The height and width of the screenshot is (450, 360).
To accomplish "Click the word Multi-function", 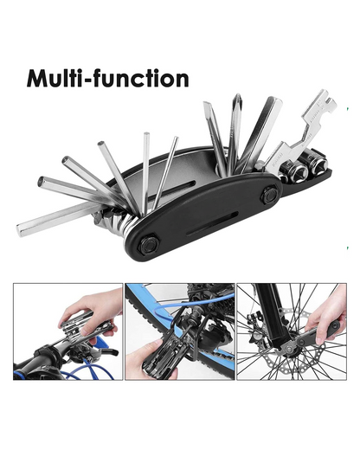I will pyautogui.click(x=107, y=79).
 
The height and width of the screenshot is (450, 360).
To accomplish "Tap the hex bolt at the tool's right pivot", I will pyautogui.click(x=269, y=196).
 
